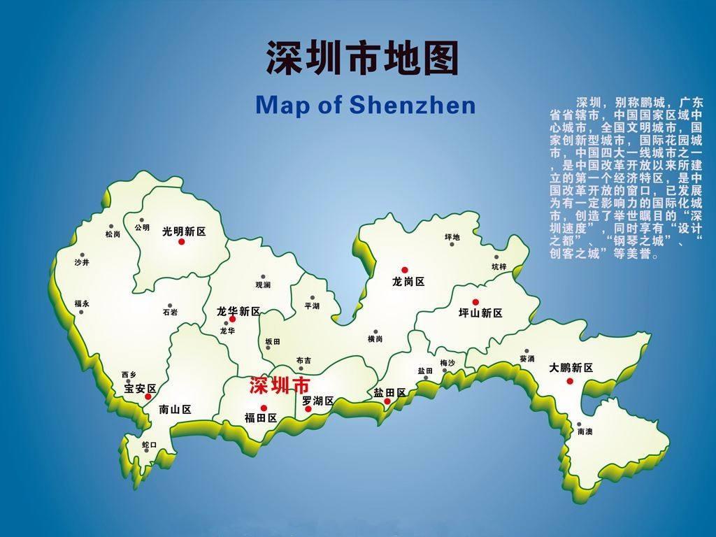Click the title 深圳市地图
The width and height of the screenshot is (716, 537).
[362, 57]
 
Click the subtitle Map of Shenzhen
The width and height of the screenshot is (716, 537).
[365, 106]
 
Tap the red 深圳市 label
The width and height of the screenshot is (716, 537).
[280, 385]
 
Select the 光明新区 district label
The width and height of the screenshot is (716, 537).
[184, 231]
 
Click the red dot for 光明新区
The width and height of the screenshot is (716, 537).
[181, 242]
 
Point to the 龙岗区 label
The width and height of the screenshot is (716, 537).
[408, 282]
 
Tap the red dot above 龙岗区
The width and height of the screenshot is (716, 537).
[404, 270]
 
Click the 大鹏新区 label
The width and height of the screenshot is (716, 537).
[571, 368]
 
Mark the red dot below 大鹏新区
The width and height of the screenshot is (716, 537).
[570, 381]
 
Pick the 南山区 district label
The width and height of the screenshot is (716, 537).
[175, 410]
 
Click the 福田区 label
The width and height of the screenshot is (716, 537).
[261, 418]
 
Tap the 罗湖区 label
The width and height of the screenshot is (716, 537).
[318, 401]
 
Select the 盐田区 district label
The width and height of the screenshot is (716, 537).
[390, 392]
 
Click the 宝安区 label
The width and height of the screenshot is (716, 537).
[140, 388]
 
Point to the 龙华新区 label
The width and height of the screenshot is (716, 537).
[238, 310]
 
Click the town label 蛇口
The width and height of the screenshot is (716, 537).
[149, 445]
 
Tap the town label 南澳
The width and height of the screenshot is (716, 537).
[585, 432]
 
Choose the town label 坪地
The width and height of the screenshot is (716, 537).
[452, 238]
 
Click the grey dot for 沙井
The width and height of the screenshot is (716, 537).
[83, 255]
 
